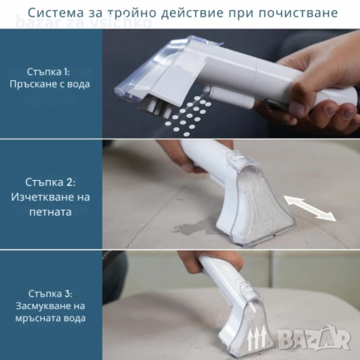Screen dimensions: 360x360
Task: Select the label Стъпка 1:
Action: tap(51, 70)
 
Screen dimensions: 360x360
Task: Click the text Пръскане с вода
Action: tap(51, 83)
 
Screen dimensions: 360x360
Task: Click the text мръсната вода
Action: tap(51, 318)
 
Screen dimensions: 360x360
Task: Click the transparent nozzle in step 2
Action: tap(259, 202)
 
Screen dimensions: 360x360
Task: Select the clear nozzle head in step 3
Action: tap(244, 330)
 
